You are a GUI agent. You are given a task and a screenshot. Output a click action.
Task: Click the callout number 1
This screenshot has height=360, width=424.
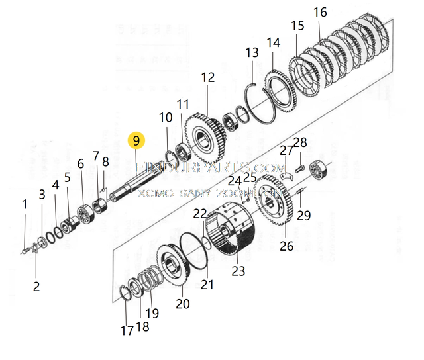coord(25,204)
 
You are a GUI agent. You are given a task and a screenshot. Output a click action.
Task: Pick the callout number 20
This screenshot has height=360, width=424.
coord(183,304)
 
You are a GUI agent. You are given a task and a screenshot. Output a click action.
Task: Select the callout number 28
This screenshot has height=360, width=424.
coord(300,142)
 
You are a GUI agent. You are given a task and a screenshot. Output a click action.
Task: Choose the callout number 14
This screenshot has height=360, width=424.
coord(274,43)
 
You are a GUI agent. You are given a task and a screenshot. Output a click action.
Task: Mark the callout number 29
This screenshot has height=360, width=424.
coord(303,215)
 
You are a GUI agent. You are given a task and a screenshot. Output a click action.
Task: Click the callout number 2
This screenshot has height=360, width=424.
coord(36,287)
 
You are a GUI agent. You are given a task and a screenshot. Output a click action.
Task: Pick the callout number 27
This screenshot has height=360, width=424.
coord(286,150)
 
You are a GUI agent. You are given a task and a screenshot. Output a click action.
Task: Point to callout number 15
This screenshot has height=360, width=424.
coord(297,26)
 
